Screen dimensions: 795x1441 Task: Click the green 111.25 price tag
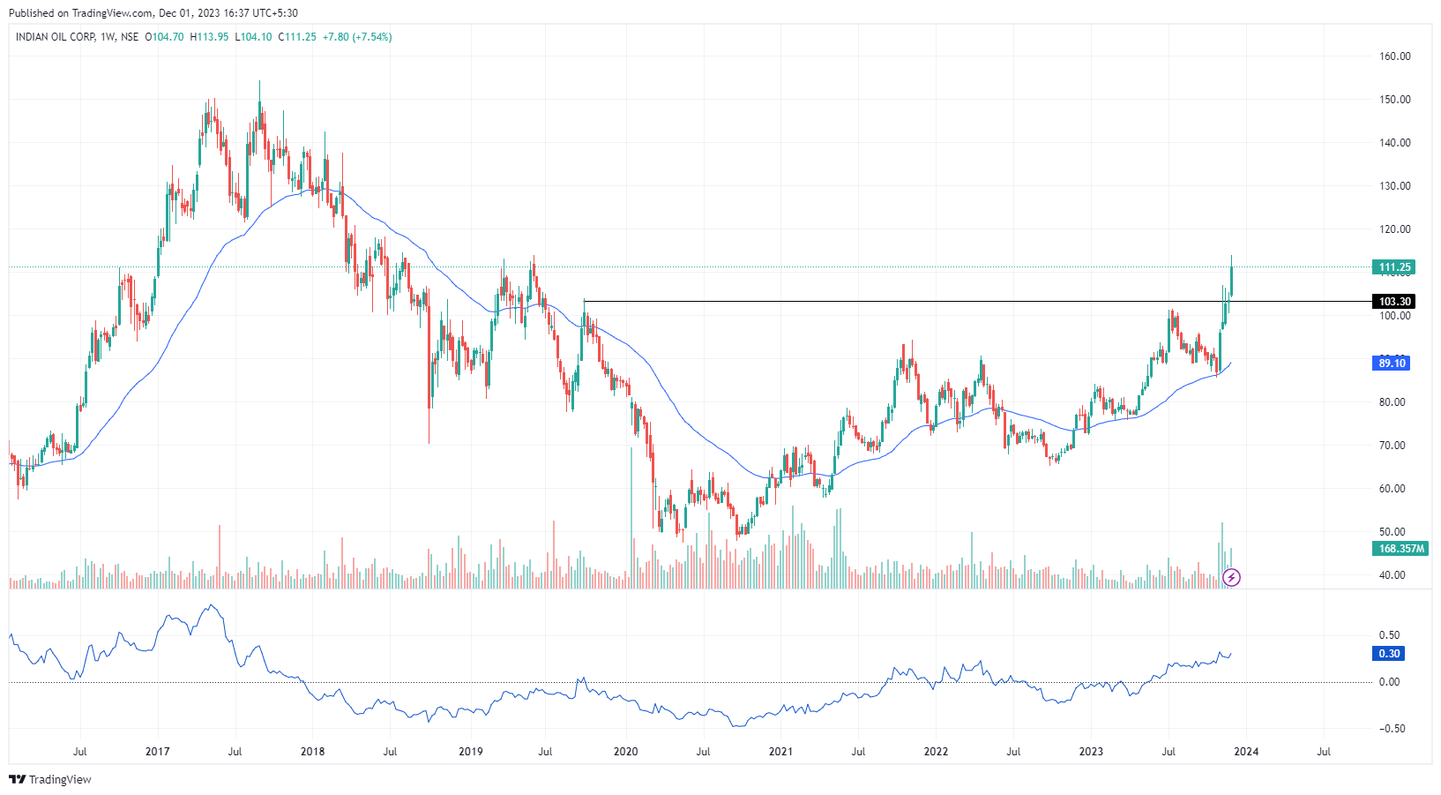click(1394, 267)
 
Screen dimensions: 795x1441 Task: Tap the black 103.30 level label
click(1394, 302)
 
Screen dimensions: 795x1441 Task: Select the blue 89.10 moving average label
click(1392, 364)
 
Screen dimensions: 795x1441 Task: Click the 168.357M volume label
click(1400, 549)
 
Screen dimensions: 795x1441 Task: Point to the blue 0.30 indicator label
click(1389, 654)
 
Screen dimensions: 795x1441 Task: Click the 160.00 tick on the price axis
click(1394, 56)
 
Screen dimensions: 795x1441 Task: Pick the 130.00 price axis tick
click(1394, 186)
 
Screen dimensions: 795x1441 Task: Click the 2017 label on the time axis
click(158, 752)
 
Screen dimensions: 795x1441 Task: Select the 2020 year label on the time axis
click(625, 752)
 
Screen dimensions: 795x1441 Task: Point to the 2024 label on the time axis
click(1246, 752)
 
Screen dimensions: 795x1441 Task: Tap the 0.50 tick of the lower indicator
click(1389, 635)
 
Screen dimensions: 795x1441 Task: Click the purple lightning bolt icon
click(1232, 578)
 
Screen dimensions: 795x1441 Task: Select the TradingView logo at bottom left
click(50, 780)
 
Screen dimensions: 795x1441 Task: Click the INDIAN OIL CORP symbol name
click(55, 37)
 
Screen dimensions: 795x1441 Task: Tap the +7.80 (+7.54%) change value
click(357, 37)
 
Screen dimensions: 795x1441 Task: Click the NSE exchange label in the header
click(130, 37)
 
